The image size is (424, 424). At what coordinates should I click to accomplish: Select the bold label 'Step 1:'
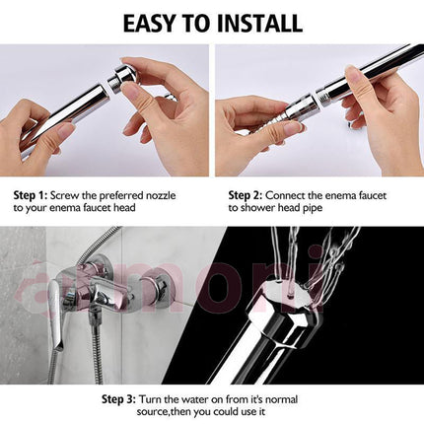coord(31,196)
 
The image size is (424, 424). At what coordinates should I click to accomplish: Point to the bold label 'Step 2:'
coord(246,196)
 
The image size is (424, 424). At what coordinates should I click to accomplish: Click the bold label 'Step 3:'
coord(118,399)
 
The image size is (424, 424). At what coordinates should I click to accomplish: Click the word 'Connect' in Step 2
coord(285,196)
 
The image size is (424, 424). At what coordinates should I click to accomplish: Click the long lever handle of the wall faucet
coord(55,317)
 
